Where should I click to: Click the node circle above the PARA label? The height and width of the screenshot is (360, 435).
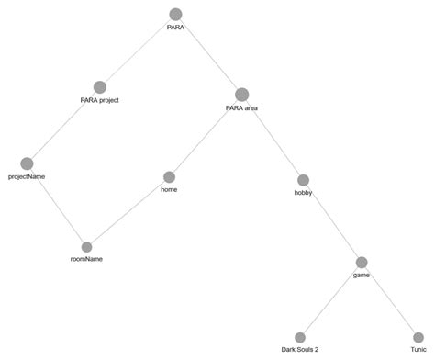[176, 14]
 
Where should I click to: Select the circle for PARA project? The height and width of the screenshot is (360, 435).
[100, 86]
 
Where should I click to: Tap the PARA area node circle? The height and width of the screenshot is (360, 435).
[241, 95]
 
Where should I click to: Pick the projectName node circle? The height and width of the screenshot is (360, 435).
[27, 163]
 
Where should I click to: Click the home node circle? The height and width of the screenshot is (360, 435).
[169, 176]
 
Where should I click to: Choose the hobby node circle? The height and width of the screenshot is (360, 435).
[303, 180]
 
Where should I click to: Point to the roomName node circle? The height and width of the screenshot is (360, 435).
[87, 247]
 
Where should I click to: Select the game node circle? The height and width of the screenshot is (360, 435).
[362, 263]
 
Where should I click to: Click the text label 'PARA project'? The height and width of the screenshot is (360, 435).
[100, 99]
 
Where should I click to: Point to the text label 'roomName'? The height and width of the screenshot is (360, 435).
[86, 260]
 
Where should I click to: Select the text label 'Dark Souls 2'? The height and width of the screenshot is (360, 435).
[300, 349]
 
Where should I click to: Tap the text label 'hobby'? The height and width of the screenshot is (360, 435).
[303, 193]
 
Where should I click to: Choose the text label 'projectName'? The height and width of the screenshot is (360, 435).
[27, 175]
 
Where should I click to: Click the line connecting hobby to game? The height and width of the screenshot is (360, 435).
[332, 221]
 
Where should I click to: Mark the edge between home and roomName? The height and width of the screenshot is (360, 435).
[128, 211]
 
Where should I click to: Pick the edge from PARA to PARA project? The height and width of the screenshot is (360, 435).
[138, 51]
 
